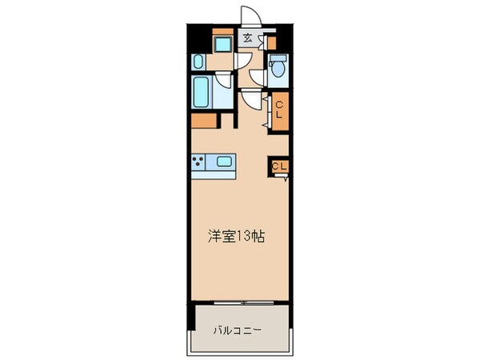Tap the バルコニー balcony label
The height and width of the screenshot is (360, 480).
238,330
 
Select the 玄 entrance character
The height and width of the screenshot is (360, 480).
249,38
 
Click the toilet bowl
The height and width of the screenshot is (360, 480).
278,71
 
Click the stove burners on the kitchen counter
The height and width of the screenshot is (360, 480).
198,162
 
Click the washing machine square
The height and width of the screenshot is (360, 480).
222,43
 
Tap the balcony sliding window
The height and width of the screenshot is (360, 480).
238,304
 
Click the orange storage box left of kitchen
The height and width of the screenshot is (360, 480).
204,122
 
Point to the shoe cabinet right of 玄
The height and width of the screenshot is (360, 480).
270,40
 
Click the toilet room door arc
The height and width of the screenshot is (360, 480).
257,76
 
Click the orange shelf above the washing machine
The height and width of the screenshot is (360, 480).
222,31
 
